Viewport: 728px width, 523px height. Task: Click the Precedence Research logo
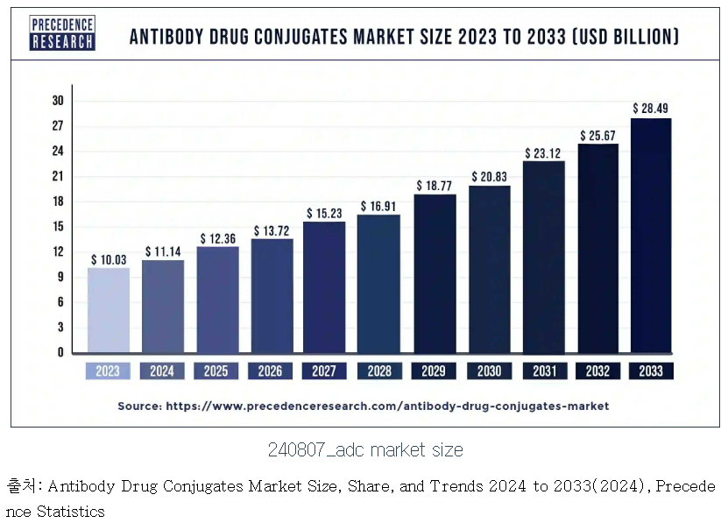point(62,33)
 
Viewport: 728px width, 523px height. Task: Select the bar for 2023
point(108,309)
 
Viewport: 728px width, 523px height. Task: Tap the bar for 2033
point(651,235)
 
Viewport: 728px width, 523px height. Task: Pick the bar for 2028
point(379,283)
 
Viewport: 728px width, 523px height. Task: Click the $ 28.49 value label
point(651,108)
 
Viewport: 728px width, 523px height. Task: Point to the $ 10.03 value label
point(108,259)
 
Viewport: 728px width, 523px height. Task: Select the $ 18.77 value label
point(434,186)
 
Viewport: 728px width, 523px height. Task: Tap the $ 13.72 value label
point(271,230)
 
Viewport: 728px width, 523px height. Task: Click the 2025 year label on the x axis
point(216,371)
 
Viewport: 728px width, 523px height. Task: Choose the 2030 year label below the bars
point(488,371)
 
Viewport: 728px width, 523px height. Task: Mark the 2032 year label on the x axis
point(597,371)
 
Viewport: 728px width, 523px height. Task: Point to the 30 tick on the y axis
point(59,101)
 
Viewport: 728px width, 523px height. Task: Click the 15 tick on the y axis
point(59,227)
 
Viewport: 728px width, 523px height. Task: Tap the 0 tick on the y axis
point(61,352)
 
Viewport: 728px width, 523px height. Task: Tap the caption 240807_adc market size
point(364,450)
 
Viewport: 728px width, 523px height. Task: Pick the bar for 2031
point(542,257)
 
